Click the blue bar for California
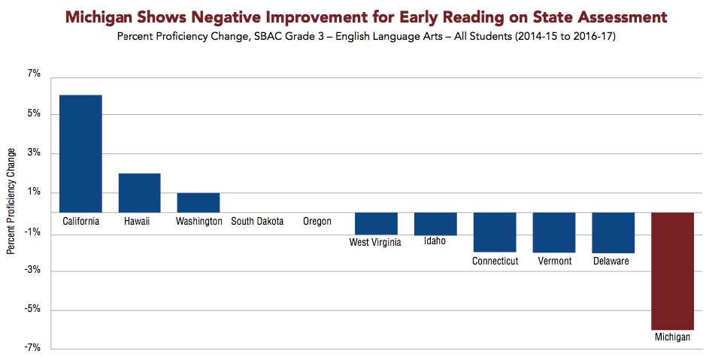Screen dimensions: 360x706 click(80, 153)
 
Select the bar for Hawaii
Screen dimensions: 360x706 click(140, 192)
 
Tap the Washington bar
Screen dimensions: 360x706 click(198, 202)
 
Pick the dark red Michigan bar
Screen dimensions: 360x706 click(672, 271)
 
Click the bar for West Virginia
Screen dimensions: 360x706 click(376, 223)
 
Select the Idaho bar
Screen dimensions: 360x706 click(435, 224)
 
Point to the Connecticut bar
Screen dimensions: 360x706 click(494, 232)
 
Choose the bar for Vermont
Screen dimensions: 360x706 click(554, 232)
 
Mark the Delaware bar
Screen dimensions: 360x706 click(613, 232)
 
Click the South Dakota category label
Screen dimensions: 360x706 click(257, 222)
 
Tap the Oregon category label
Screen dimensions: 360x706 click(317, 222)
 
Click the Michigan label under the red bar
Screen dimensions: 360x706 click(671, 337)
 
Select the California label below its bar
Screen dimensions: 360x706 click(80, 222)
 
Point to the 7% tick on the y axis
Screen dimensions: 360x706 click(33, 74)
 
